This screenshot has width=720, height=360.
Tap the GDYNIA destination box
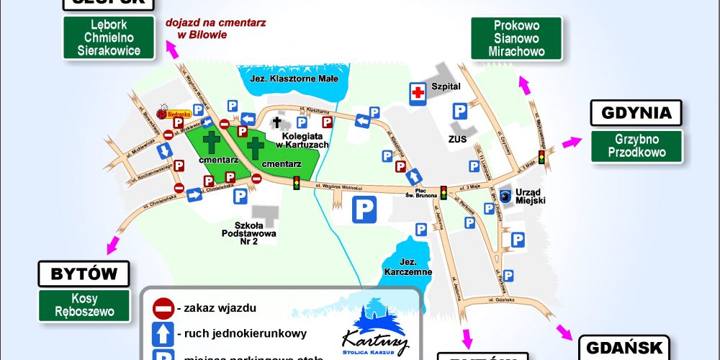636,113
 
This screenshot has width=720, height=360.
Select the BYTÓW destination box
84,274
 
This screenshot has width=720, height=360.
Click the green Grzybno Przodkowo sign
636,146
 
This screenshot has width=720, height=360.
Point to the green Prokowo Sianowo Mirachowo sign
516,38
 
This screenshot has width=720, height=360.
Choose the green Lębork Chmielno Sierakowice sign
112,37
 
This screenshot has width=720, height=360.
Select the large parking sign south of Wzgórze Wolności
367,210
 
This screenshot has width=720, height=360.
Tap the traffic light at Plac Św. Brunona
444,192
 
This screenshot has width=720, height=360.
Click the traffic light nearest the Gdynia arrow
541,156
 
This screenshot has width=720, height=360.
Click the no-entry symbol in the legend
163,310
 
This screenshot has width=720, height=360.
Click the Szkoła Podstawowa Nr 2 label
251,233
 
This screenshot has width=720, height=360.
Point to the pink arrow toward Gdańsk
567,330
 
